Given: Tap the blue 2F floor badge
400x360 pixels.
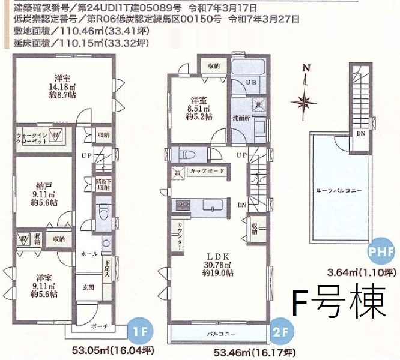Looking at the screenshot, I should point(282,331).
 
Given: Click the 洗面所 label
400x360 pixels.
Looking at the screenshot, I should point(242,118).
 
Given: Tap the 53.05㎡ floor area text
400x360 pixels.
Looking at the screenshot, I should point(99,349).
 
